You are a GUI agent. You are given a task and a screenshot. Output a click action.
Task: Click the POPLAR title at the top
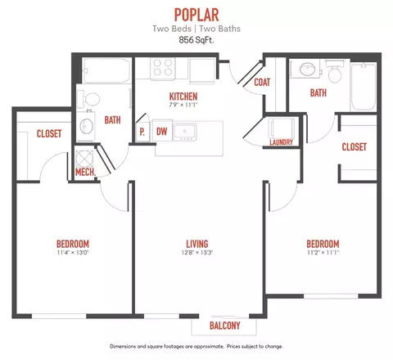[196, 15]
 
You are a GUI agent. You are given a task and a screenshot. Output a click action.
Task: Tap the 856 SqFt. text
[196, 40]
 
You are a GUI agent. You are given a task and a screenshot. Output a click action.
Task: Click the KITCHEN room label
[183, 97]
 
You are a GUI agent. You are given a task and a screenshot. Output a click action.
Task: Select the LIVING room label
[197, 244]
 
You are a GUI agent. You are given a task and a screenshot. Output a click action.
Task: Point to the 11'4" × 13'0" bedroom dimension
[73, 253]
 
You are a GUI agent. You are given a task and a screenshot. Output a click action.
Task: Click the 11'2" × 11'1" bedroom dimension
[323, 253]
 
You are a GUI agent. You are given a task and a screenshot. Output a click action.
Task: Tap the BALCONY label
[224, 326]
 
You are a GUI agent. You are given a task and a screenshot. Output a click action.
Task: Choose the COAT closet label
[262, 82]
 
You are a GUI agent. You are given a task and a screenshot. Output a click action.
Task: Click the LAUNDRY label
[281, 142]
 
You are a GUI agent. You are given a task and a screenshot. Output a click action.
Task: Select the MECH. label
[86, 172]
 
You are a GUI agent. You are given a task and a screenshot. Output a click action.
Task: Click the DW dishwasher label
[161, 132]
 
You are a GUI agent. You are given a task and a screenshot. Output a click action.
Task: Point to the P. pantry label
[142, 132]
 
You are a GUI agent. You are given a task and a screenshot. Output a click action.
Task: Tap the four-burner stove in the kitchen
[163, 68]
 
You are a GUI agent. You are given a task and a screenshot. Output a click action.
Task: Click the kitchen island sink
[185, 133]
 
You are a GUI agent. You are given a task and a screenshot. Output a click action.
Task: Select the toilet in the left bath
[89, 99]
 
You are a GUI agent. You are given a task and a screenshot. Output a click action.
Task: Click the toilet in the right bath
[335, 71]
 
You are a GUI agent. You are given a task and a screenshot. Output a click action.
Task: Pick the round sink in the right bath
[308, 69]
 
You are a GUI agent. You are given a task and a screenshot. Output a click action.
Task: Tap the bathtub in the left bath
[106, 70]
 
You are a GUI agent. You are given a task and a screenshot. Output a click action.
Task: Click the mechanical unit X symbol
[84, 159]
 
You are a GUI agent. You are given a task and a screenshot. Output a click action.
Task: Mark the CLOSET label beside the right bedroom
[354, 147]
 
